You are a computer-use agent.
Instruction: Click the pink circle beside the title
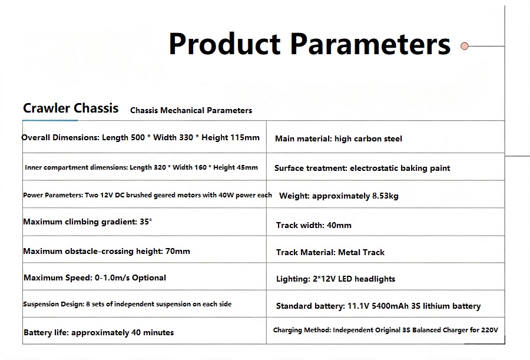(x=465, y=46)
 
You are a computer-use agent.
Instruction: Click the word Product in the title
(x=224, y=44)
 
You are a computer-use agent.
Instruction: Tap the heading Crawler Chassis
(x=71, y=108)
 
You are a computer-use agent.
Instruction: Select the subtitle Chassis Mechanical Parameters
(x=191, y=110)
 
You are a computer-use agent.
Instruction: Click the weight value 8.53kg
(x=385, y=196)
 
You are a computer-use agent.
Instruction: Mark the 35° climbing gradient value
(x=146, y=222)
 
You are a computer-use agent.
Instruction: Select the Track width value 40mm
(x=339, y=225)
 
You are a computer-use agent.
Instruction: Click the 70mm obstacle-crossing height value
(x=178, y=251)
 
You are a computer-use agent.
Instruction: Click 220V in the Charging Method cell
(x=489, y=330)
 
